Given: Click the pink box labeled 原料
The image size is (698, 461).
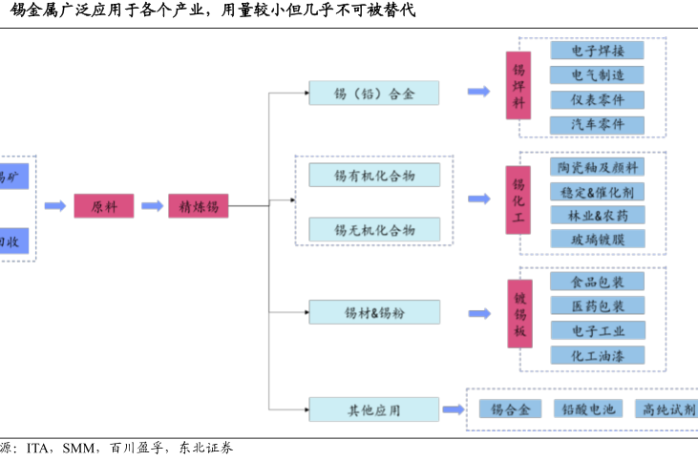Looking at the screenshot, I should point(103,205).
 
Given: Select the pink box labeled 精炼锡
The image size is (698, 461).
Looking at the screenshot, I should point(198,205).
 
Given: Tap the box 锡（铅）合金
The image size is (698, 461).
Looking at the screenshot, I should point(373,93).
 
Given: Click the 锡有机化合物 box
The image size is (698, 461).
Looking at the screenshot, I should point(373,175).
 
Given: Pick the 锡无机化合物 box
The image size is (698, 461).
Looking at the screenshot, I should point(373,229).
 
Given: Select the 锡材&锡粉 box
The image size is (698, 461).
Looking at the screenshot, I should point(373,312).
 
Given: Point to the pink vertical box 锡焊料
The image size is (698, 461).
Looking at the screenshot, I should point(518,86).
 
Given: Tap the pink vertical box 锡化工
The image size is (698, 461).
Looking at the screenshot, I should point(518,200).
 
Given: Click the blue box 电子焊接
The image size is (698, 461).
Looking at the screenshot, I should point(597,50).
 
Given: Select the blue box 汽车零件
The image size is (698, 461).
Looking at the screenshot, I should point(597,125).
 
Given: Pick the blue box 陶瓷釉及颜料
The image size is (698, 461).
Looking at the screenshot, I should point(597,166).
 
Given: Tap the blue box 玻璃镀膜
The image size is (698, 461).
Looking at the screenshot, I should point(597,240).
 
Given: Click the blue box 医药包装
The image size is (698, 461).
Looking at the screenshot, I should point(597,306).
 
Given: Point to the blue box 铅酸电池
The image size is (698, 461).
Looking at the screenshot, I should point(587,409).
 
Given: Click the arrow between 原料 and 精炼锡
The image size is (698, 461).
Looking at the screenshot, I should point(151,205).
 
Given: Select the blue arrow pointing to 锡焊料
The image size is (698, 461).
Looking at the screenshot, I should point(478,92).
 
